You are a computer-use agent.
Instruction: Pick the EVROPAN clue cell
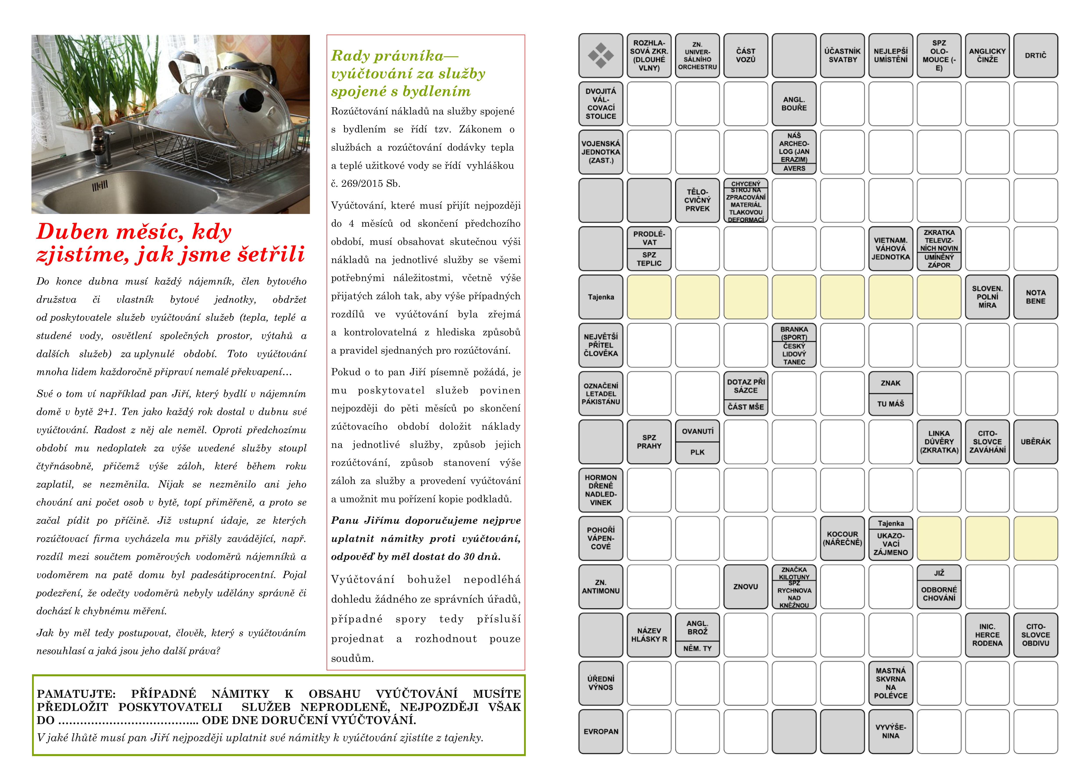601,732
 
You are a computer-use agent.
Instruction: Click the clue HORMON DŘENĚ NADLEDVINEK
601,490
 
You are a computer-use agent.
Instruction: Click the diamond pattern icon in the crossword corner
601,55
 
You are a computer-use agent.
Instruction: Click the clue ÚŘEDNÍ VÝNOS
601,683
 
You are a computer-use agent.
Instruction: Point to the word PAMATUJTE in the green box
76,694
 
